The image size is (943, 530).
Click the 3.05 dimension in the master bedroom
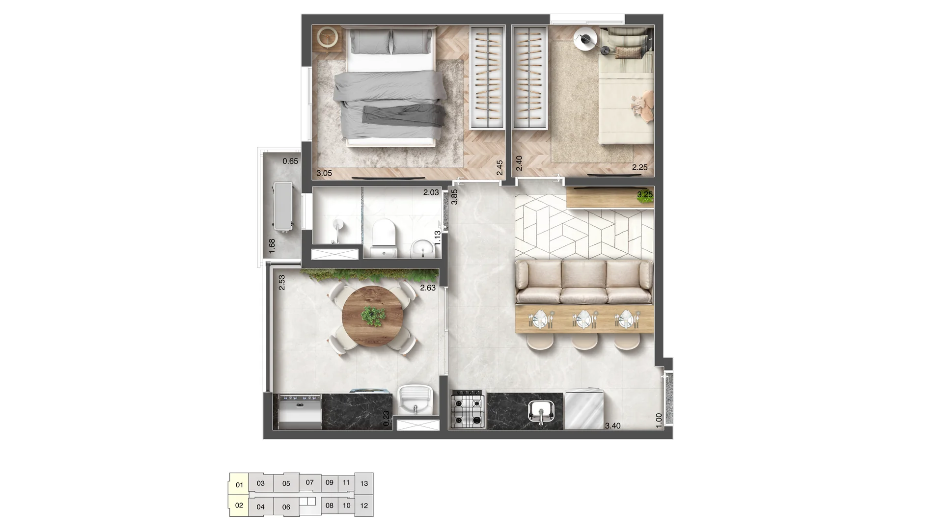pos(324,173)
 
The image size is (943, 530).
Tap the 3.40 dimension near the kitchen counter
pos(612,425)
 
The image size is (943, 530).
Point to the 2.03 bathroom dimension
pos(431,192)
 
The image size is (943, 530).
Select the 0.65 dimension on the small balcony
pos(290,161)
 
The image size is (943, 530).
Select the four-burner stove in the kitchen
pos(468,408)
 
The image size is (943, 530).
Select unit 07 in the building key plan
pos(309,482)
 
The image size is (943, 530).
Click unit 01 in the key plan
pos(239,485)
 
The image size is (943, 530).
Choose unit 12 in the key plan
pos(364,505)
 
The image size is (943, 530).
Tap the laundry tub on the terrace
pos(415,399)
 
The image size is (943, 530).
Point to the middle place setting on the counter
pos(584,319)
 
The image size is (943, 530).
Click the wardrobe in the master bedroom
pos(487,78)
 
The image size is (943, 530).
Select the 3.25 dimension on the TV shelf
pos(645,194)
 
